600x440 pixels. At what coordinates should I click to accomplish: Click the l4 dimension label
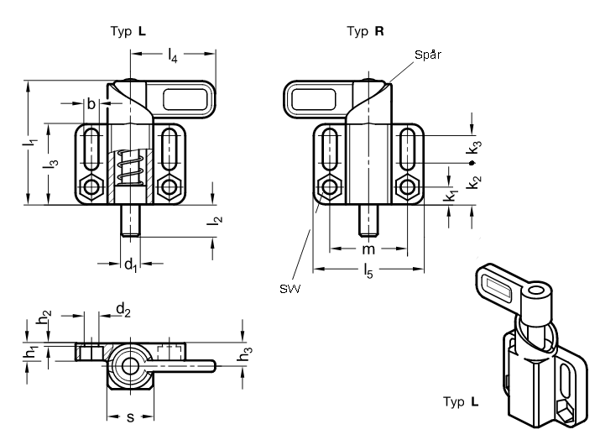pyautogui.click(x=173, y=55)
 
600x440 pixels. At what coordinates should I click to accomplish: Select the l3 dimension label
pyautogui.click(x=50, y=163)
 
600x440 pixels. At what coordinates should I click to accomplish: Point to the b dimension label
pyautogui.click(x=91, y=103)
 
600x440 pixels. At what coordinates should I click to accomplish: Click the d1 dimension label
pyautogui.click(x=130, y=265)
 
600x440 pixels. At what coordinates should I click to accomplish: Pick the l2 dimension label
pyautogui.click(x=214, y=220)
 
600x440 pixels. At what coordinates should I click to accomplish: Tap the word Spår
pyautogui.click(x=428, y=55)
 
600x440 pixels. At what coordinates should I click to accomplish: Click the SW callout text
pyautogui.click(x=290, y=288)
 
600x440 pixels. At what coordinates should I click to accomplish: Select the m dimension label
pyautogui.click(x=368, y=249)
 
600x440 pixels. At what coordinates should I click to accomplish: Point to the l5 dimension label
pyautogui.click(x=368, y=270)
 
